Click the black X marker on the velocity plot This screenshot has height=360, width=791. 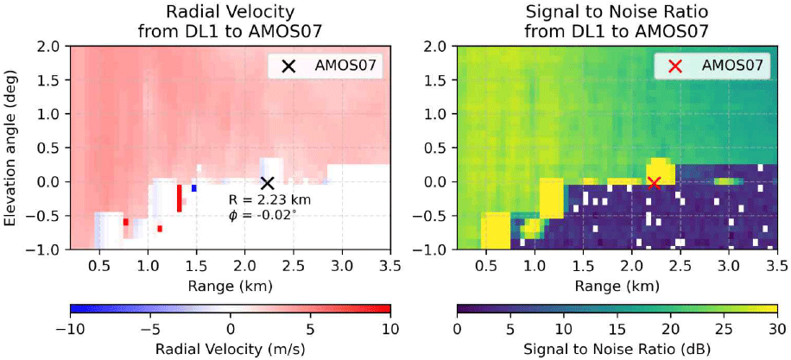tap(268, 183)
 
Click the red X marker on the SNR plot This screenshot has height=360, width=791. tap(654, 183)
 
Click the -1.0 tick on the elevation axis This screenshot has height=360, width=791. tap(45, 250)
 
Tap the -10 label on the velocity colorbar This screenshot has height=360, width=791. tap(68, 329)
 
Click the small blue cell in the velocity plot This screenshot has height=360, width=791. tap(194, 187)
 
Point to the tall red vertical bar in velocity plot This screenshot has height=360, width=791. tap(179, 198)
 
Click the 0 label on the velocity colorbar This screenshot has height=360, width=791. tap(230, 329)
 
